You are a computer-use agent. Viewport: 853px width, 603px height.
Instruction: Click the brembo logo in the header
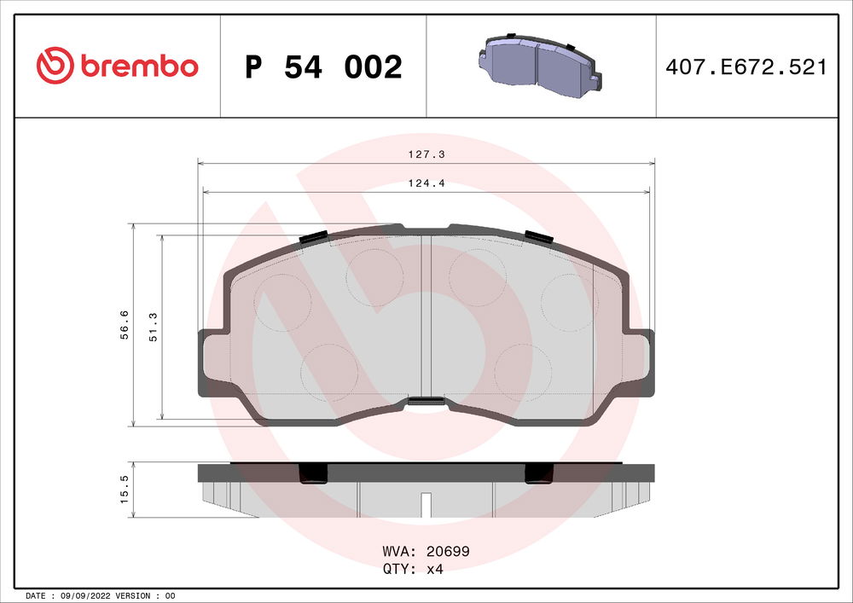coord(117,65)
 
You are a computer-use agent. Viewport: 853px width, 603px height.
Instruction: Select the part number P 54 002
coord(322,67)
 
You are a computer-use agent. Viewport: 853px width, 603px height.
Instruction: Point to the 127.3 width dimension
coord(425,155)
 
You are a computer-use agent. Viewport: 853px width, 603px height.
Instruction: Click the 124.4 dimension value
coord(425,182)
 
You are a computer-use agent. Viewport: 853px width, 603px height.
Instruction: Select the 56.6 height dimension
coord(125,326)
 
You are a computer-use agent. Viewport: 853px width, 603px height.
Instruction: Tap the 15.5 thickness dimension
coord(125,491)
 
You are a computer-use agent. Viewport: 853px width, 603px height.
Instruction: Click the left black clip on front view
coord(314,237)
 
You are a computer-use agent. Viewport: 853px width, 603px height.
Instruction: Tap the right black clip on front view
coord(537,236)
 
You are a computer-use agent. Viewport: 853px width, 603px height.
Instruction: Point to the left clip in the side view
coord(312,473)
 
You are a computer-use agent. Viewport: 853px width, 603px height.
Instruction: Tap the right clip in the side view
coord(537,473)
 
